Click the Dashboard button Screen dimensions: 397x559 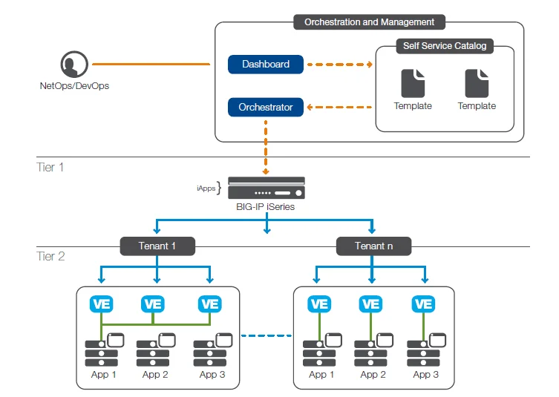coord(265,65)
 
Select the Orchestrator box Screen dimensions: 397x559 coord(265,108)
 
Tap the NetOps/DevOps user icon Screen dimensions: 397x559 coord(72,65)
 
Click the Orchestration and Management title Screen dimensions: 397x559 coord(370,22)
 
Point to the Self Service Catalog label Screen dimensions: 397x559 coord(444,46)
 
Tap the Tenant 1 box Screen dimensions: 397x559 coord(157,246)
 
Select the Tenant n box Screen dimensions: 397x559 coord(374,246)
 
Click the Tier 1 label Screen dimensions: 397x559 coord(50,167)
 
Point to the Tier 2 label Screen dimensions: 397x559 coord(50,256)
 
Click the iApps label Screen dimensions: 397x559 coord(206,188)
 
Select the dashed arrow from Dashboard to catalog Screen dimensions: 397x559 coord(340,65)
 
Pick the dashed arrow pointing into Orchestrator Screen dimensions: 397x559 coord(340,108)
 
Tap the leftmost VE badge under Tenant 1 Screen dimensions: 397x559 coord(101,304)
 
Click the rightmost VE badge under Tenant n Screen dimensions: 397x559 coord(423,304)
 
